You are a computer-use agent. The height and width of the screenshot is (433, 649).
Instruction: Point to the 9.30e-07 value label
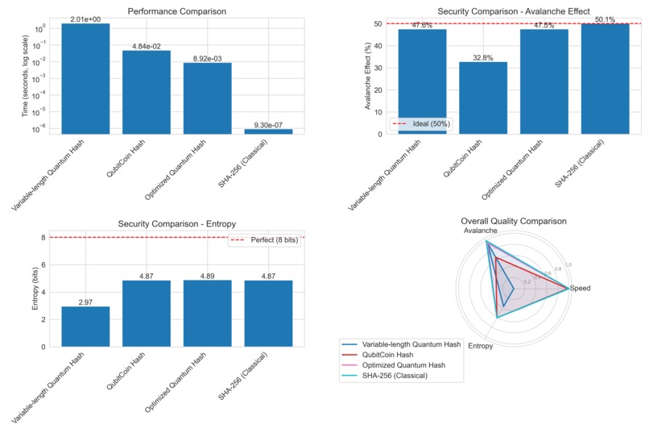coord(269,124)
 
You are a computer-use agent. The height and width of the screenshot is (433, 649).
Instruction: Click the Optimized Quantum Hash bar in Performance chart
coord(208,98)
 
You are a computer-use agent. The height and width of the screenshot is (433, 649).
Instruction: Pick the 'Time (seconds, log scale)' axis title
coord(26,77)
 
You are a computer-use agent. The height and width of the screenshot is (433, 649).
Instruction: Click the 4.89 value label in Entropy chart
coord(208,275)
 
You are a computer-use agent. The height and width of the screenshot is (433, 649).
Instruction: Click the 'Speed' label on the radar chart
coord(590,288)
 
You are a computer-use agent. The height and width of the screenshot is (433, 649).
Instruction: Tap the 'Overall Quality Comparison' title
coord(513,220)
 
